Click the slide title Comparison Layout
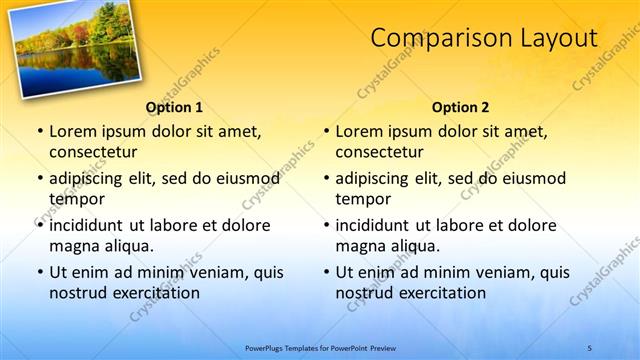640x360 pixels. (x=484, y=38)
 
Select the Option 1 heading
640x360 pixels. (x=174, y=107)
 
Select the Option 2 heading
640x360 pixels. (x=460, y=107)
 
